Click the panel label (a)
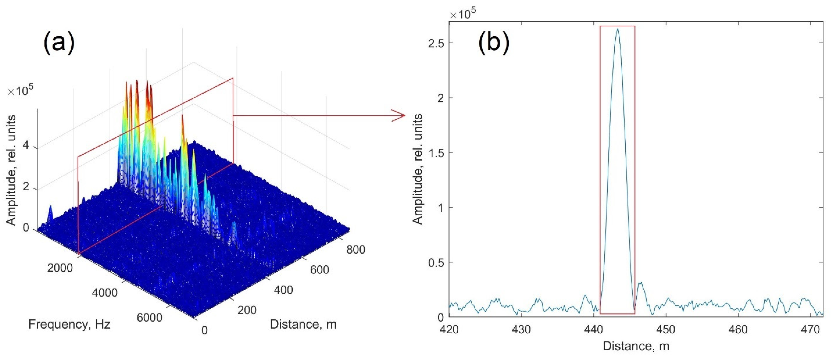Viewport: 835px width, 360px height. tap(59, 43)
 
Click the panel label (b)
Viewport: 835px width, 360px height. tap(494, 43)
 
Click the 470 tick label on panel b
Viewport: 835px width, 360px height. tap(810, 329)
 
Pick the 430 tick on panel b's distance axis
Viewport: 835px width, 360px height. tap(521, 329)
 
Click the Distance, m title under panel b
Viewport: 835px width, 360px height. tap(636, 346)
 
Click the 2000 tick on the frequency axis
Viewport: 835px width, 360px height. tap(60, 268)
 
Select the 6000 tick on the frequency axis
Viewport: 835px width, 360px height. tap(149, 317)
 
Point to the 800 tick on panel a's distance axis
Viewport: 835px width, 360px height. tap(356, 250)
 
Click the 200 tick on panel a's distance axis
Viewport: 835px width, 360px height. tap(247, 310)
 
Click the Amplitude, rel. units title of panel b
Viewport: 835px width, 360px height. tap(418, 169)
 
